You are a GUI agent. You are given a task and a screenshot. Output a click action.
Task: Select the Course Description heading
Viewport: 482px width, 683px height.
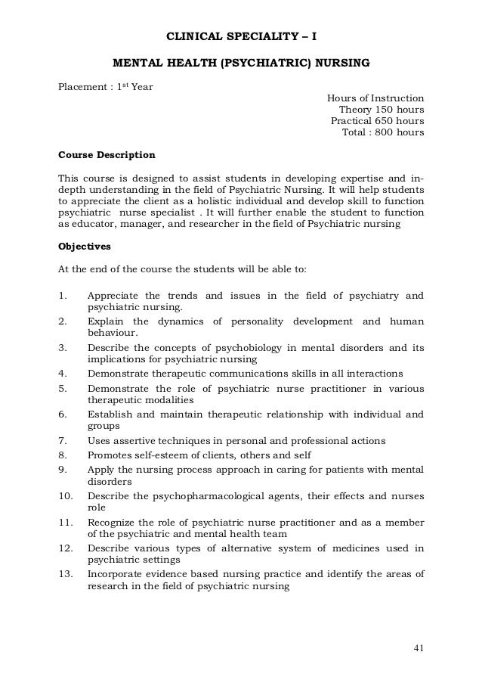point(107,155)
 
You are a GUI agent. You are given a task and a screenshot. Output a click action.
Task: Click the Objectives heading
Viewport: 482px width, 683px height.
point(85,247)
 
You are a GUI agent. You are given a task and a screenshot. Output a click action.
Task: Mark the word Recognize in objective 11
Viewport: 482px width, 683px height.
point(113,521)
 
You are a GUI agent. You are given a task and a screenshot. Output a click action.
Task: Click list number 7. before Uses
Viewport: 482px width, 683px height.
point(63,440)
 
